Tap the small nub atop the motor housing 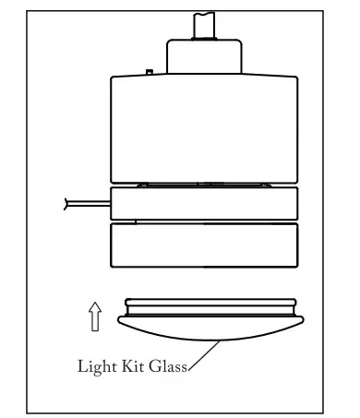pyautogui.click(x=149, y=71)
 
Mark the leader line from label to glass pyautogui.click(x=204, y=355)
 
